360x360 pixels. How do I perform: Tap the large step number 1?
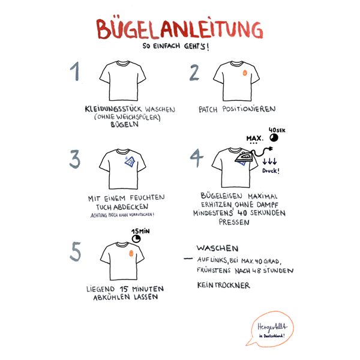(x=75, y=71)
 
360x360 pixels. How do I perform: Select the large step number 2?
(x=194, y=73)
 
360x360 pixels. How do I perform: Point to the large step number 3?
(x=75, y=159)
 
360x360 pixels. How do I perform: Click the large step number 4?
(x=197, y=157)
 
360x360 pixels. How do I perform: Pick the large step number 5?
(x=76, y=251)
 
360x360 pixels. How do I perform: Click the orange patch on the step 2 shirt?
(x=245, y=73)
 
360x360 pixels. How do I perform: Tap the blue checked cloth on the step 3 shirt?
(x=130, y=161)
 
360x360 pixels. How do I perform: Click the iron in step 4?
(x=244, y=157)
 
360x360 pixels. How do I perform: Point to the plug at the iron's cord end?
(x=271, y=149)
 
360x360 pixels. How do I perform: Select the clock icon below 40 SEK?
(x=274, y=138)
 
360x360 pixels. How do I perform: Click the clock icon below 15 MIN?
(x=136, y=239)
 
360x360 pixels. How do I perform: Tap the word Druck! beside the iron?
(x=271, y=171)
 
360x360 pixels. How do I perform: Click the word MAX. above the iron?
(x=254, y=138)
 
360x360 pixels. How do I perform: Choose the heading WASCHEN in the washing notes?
(x=217, y=248)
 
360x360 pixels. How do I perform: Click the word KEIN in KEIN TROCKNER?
(x=205, y=285)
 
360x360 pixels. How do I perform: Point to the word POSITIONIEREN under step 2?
(x=249, y=109)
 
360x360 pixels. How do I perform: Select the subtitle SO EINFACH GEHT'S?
(x=176, y=46)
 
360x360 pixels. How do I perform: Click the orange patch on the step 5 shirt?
(x=131, y=253)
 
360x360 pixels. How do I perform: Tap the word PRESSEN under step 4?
(x=234, y=222)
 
